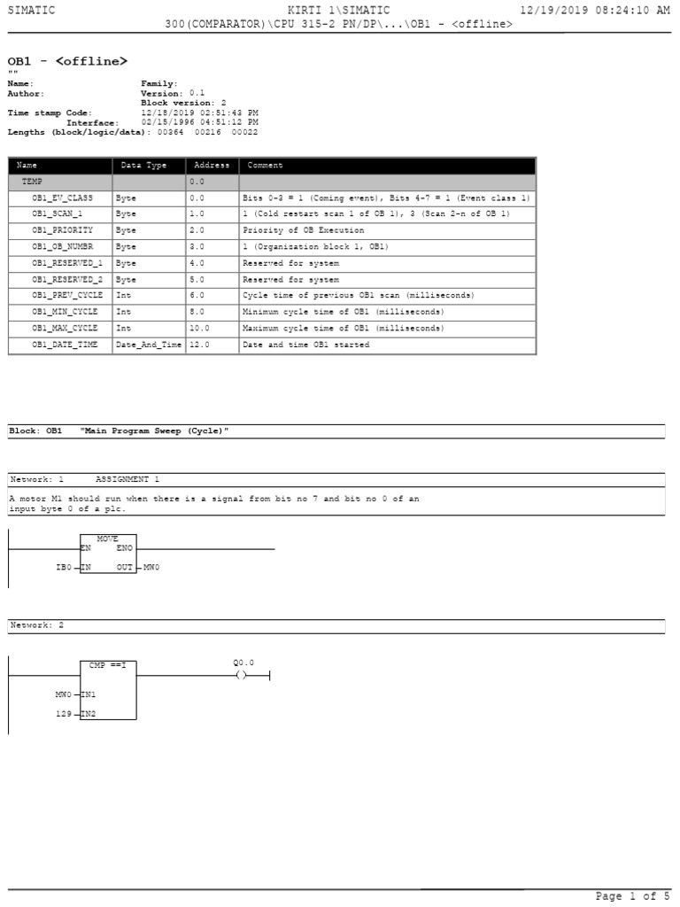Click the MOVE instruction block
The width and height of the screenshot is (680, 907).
tap(108, 553)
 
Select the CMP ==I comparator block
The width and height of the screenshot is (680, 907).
tap(108, 688)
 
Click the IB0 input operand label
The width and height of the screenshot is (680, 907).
tap(63, 566)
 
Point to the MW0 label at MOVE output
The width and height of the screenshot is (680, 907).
tap(151, 566)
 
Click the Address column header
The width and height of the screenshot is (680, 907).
tap(211, 166)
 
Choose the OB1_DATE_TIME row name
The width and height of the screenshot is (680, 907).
tap(65, 345)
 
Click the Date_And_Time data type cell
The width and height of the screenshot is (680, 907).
tap(148, 345)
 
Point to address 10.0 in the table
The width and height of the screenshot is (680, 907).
tap(199, 328)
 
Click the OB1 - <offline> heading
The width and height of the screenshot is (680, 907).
tap(67, 61)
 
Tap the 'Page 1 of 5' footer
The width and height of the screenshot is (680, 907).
tap(626, 896)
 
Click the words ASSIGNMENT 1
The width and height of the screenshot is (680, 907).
tap(127, 479)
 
